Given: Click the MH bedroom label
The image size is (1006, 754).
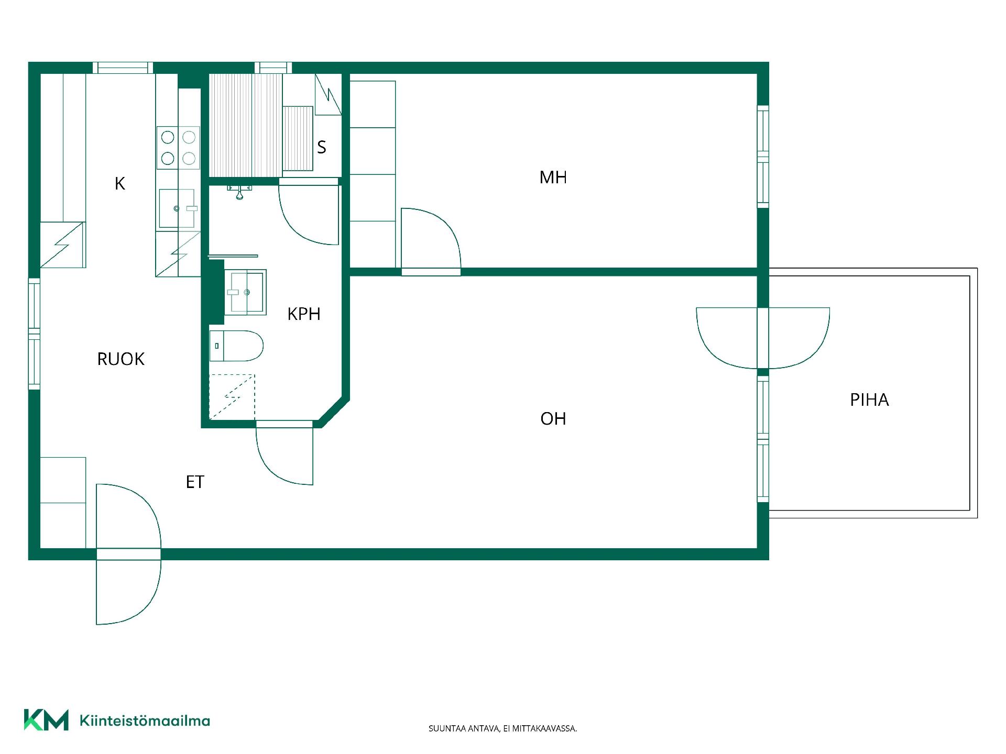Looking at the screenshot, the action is [553, 178].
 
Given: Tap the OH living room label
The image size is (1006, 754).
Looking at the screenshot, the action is [553, 419].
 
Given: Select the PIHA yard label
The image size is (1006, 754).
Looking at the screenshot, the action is [869, 400].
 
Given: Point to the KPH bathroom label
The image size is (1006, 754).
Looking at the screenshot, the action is [304, 314].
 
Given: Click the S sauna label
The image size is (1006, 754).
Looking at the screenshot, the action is [322, 147].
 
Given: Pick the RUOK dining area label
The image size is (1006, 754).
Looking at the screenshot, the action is [121, 359].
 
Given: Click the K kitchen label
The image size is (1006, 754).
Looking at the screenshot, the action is [120, 184].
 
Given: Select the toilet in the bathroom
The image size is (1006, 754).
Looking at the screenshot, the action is [236, 346].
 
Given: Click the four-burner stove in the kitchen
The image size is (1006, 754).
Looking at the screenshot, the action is [178, 148].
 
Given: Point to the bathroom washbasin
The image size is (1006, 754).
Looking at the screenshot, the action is [245, 292].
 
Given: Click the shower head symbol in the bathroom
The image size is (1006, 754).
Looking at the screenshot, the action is [239, 191].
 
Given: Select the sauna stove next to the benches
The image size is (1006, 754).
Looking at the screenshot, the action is [298, 138].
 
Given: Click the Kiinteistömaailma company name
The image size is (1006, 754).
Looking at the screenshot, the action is [145, 721].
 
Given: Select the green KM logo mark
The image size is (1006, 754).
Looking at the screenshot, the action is [46, 720].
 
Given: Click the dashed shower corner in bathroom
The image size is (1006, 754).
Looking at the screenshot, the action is [232, 397].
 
